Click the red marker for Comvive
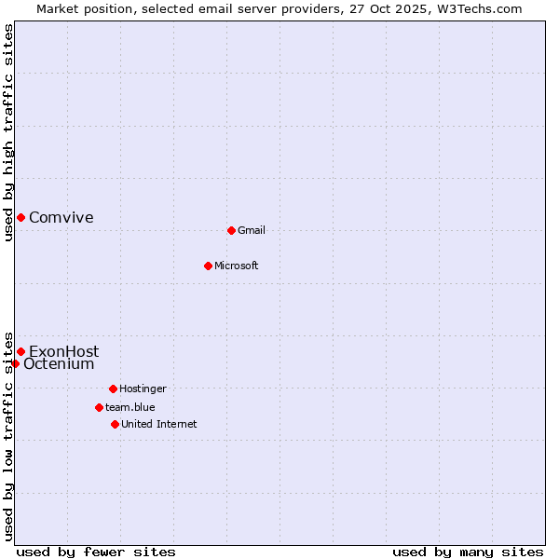[20, 217]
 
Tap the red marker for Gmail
[231, 230]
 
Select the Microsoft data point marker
[208, 266]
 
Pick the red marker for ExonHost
[20, 351]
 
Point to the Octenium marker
[15, 363]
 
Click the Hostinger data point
[113, 389]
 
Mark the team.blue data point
[99, 407]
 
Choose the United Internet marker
[115, 424]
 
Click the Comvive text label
[61, 218]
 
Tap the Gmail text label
[252, 230]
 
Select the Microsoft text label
[236, 266]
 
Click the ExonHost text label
[63, 351]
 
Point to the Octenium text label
[59, 364]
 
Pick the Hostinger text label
[143, 389]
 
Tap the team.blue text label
[130, 407]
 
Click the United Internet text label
[158, 424]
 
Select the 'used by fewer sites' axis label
[96, 552]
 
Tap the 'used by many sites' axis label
[468, 552]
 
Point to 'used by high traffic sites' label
[8, 132]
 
